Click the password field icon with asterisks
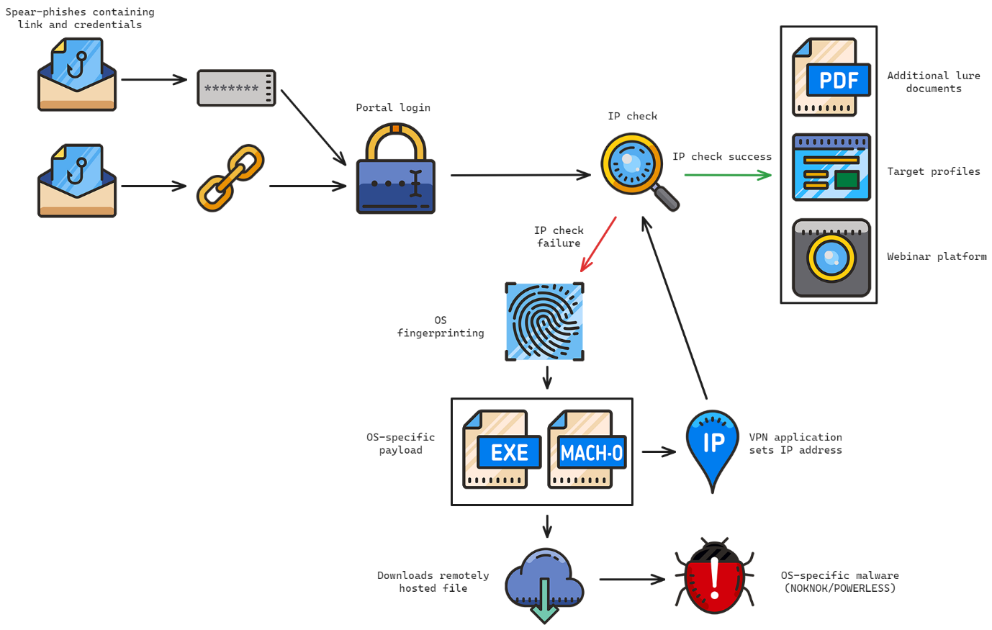236,89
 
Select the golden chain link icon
231,178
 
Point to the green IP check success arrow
727,174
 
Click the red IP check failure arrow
599,243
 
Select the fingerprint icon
544,321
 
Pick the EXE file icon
501,450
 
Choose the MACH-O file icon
586,450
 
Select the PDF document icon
831,78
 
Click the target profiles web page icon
831,167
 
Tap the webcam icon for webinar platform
831,258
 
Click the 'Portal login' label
393,108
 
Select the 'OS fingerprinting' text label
441,327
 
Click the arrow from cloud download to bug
631,579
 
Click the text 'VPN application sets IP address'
795,444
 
